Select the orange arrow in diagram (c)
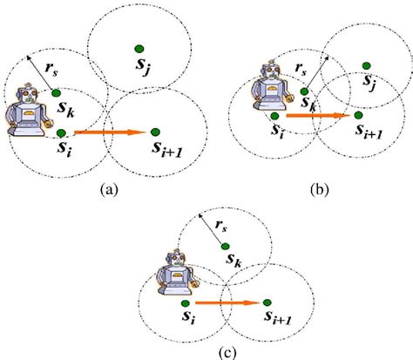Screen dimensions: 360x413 pyautogui.click(x=229, y=303)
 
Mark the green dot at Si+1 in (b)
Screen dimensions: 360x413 pyautogui.click(x=357, y=113)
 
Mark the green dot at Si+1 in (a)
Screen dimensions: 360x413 pyautogui.click(x=155, y=132)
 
